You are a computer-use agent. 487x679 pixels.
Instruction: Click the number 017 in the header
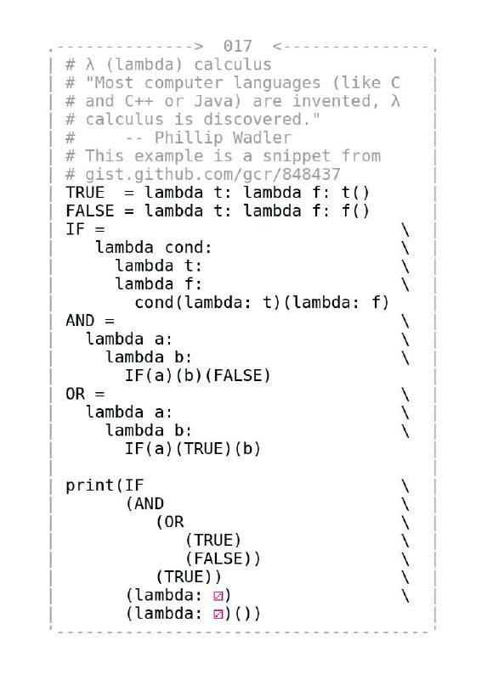tap(237, 46)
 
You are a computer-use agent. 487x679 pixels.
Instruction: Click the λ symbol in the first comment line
tap(90, 65)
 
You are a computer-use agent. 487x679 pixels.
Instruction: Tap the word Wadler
tap(262, 137)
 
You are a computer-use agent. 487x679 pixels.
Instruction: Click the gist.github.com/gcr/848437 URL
tap(212, 175)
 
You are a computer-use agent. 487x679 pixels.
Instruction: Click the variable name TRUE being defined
tap(85, 193)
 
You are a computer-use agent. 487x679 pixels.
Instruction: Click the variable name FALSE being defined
tap(90, 210)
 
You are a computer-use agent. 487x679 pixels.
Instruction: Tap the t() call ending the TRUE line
tap(355, 193)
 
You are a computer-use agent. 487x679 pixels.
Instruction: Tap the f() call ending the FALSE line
tap(355, 210)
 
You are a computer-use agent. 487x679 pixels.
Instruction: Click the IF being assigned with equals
tap(75, 229)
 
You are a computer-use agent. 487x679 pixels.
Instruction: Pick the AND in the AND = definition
tap(80, 321)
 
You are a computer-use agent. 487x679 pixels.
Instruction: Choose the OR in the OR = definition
tap(75, 394)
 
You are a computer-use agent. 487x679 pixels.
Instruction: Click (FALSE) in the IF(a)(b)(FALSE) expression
tap(237, 375)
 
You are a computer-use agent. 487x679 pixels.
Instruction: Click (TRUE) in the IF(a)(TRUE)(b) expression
tap(203, 449)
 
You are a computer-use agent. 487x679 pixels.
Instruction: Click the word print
tap(90, 485)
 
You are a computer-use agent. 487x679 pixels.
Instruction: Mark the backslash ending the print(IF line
tap(405, 485)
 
